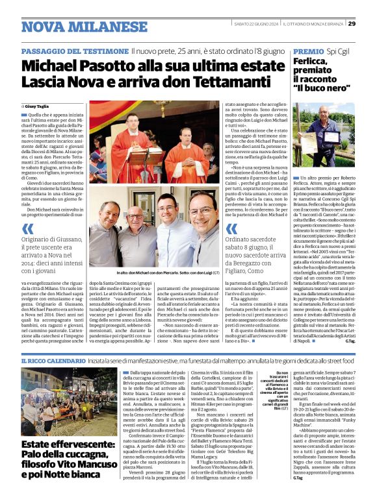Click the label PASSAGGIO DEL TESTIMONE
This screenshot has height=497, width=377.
(73, 51)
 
